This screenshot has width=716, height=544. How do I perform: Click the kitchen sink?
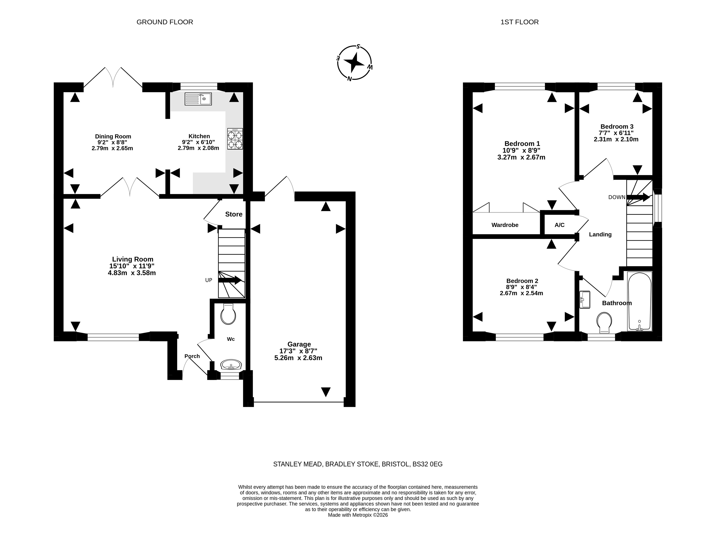click(198, 99)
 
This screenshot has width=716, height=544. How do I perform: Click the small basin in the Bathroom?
click(585, 299)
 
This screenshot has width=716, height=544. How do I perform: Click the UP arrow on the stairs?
click(230, 280)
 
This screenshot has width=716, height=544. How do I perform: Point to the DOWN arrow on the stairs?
click(638, 197)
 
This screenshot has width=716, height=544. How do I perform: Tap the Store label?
click(234, 214)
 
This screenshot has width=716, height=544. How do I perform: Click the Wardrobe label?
click(505, 225)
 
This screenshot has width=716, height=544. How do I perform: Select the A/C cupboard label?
click(560, 225)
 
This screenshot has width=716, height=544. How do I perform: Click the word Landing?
click(600, 235)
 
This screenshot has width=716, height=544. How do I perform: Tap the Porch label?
click(192, 356)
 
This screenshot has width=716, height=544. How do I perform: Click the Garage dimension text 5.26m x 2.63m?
click(298, 358)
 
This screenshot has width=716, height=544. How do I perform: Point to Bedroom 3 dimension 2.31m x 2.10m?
click(616, 139)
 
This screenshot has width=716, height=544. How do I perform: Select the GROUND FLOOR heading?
click(165, 22)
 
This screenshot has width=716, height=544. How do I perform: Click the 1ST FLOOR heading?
click(520, 22)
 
